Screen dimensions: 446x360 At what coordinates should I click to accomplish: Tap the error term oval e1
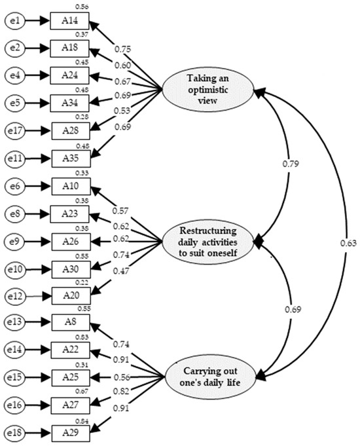click(x=16, y=22)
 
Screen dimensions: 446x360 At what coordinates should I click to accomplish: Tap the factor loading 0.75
click(x=122, y=49)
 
